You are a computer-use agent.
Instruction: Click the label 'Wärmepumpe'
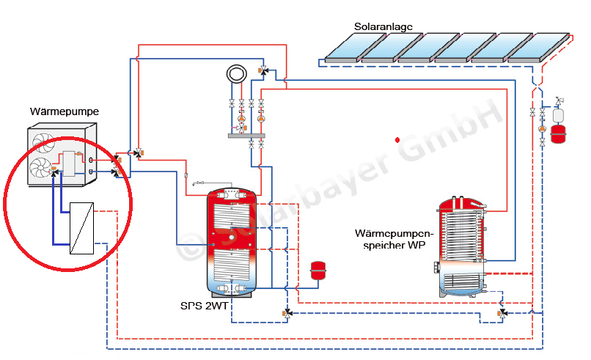tap(65, 111)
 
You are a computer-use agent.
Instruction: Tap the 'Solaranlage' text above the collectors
tap(383, 26)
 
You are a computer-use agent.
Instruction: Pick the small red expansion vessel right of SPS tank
tap(318, 269)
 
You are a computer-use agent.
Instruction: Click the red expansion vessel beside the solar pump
tap(559, 133)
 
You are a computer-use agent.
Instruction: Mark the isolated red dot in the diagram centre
tap(397, 139)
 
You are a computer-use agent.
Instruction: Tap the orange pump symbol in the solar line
tap(542, 129)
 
